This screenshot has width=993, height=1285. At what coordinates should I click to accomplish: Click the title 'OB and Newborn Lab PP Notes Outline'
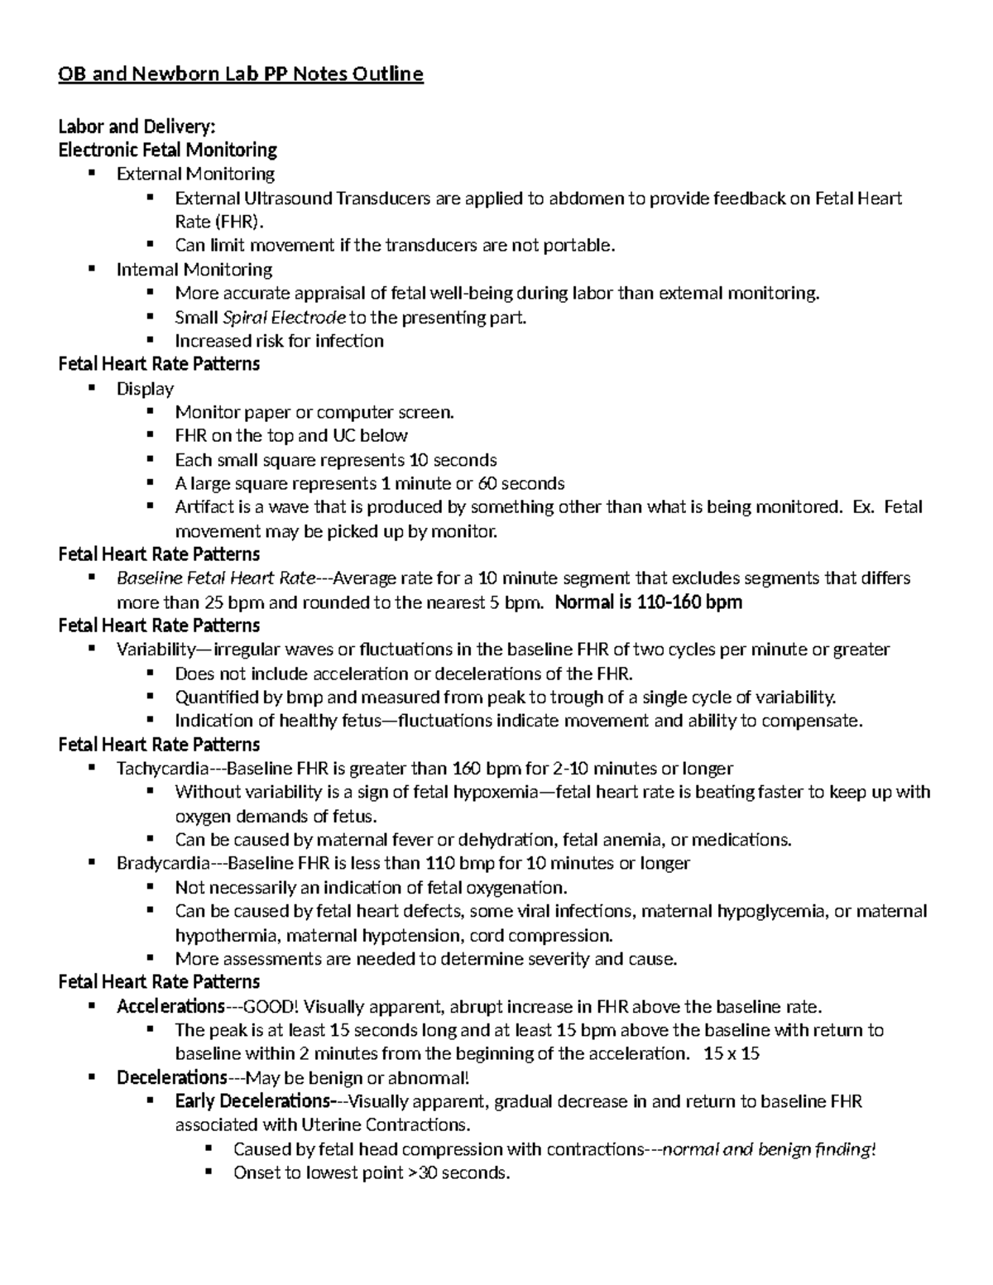pyautogui.click(x=240, y=74)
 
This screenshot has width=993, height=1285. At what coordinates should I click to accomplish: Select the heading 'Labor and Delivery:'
pyautogui.click(x=137, y=127)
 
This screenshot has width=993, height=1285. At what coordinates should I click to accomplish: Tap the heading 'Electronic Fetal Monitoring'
pyautogui.click(x=167, y=150)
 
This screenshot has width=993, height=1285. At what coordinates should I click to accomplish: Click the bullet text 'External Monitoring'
pyautogui.click(x=195, y=174)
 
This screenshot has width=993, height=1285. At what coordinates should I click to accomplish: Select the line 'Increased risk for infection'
pyautogui.click(x=279, y=341)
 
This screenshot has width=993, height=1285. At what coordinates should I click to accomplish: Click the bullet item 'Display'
pyautogui.click(x=145, y=389)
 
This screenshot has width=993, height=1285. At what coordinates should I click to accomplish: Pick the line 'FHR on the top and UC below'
pyautogui.click(x=291, y=436)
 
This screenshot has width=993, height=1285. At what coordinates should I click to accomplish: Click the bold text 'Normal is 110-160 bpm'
pyautogui.click(x=648, y=602)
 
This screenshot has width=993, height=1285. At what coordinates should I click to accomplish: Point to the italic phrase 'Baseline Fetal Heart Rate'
pyautogui.click(x=216, y=578)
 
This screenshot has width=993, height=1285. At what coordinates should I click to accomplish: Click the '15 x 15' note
pyautogui.click(x=732, y=1054)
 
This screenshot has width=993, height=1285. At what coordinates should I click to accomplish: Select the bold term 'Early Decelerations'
pyautogui.click(x=252, y=1101)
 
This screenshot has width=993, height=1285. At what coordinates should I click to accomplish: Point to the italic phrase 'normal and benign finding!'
pyautogui.click(x=770, y=1149)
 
